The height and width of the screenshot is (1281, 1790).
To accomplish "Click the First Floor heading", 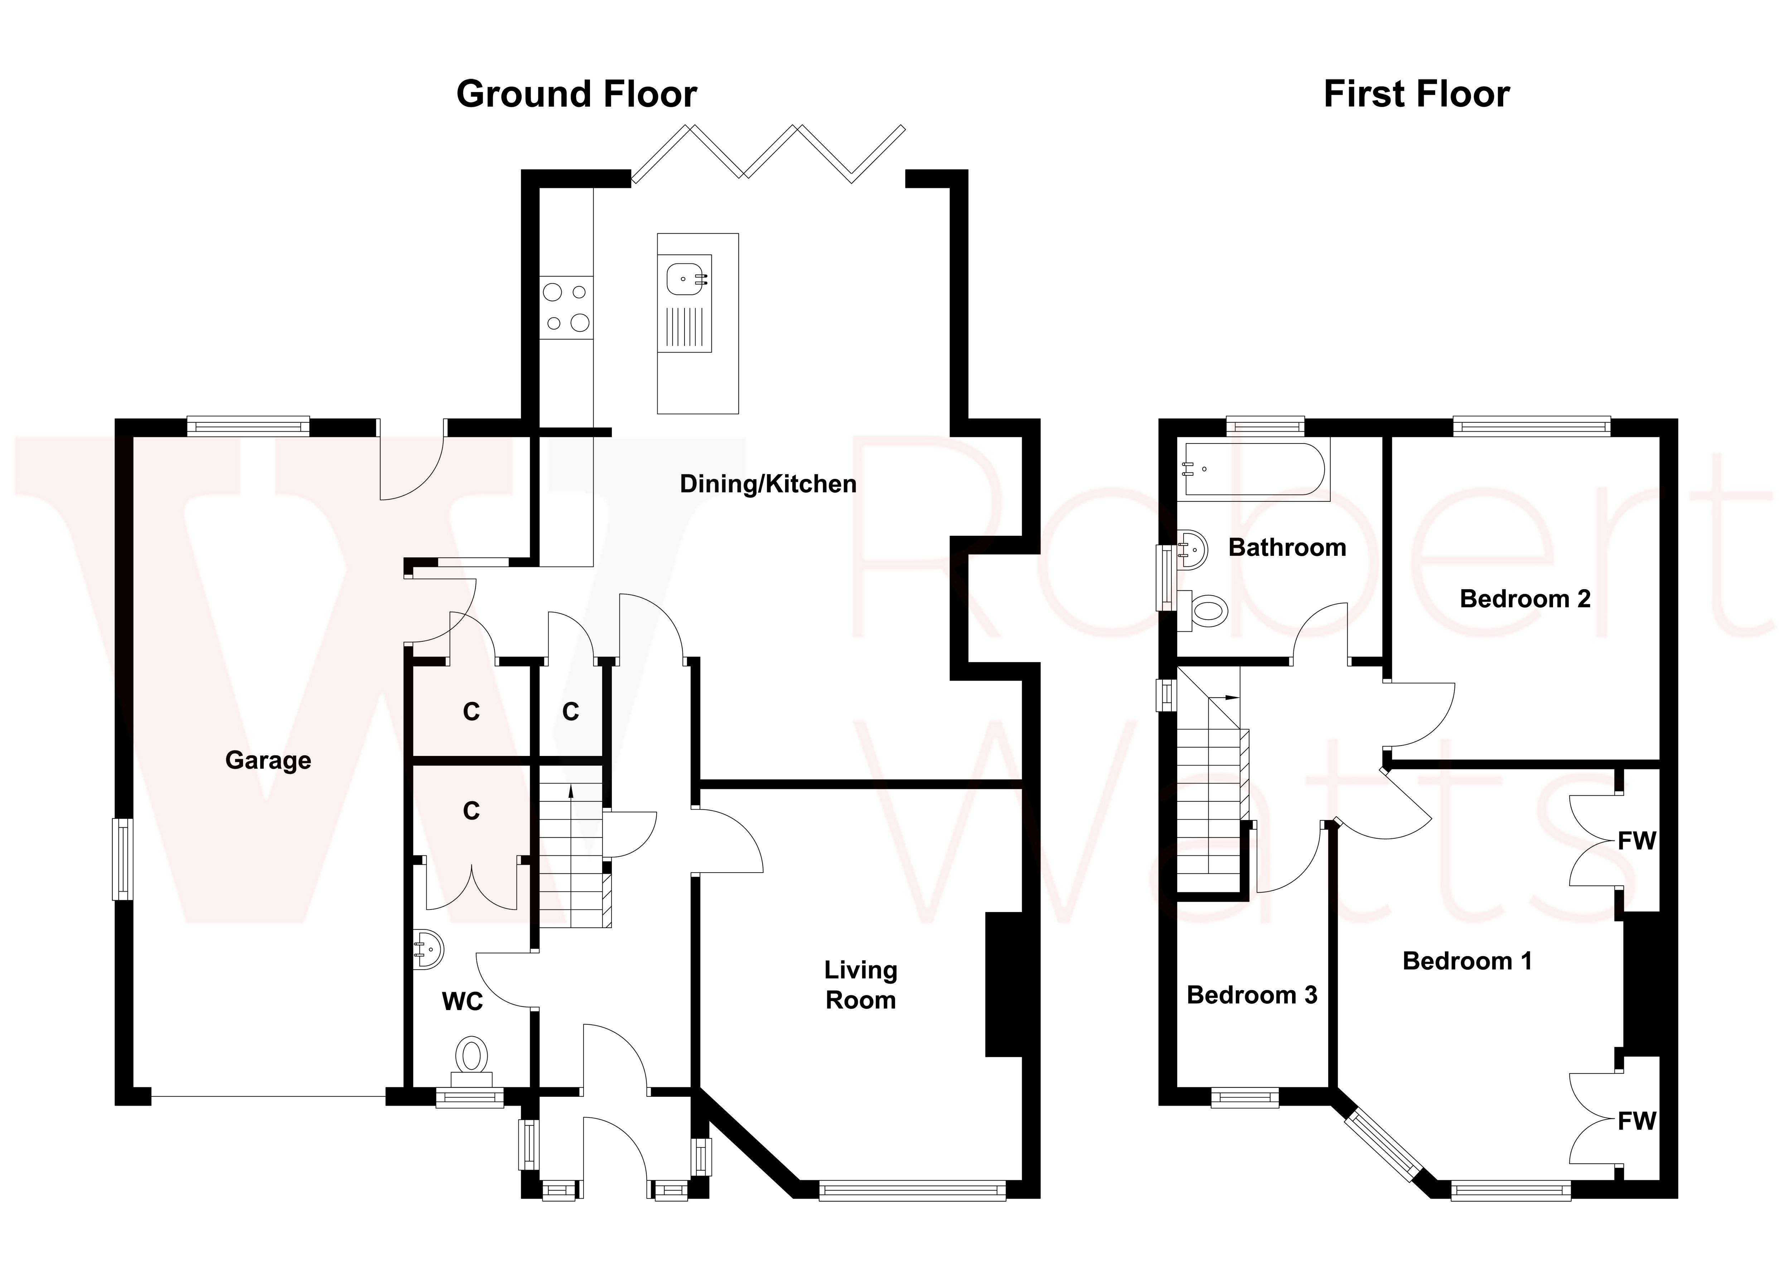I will coord(1416,94).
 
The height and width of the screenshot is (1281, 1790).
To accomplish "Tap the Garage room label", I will coord(268,760).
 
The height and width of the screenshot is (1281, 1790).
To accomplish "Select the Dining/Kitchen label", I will coord(768,484).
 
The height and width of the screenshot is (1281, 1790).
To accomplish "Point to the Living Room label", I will coord(861,985).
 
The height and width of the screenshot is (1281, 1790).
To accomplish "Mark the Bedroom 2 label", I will coord(1524,599).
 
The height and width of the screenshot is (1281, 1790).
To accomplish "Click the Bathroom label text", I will coord(1287,547).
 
